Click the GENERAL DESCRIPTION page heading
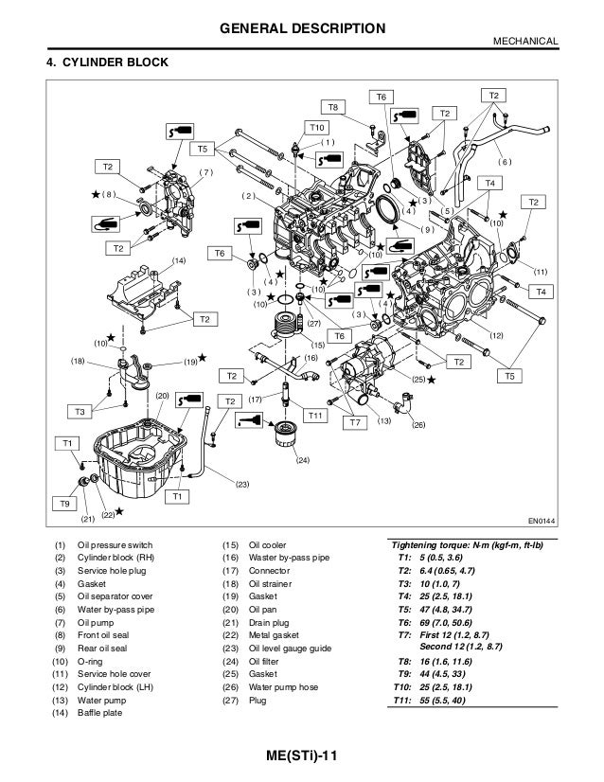(302, 29)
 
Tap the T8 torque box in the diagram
(333, 106)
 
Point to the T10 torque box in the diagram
(316, 127)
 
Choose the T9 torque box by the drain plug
(65, 504)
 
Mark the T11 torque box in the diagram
(316, 416)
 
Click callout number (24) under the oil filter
(302, 460)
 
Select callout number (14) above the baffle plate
(179, 258)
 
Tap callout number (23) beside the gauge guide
(242, 484)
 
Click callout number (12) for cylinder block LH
(496, 336)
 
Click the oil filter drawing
(284, 437)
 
